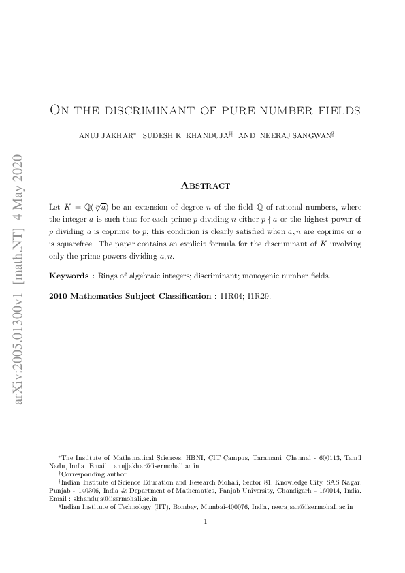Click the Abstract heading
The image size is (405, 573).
(205, 185)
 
